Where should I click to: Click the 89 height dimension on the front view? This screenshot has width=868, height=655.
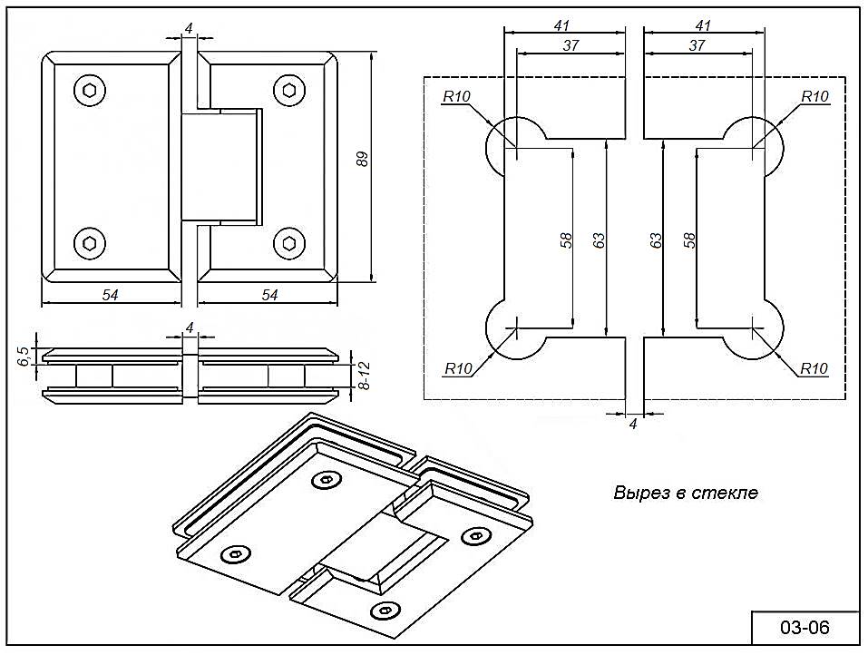point(362,160)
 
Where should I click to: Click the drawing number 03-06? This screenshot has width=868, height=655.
point(805,628)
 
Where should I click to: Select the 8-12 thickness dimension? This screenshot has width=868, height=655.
point(364,376)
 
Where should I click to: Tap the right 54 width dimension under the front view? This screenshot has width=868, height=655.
point(269,294)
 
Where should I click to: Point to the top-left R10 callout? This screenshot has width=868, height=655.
point(457,97)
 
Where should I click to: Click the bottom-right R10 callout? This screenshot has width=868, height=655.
point(814,368)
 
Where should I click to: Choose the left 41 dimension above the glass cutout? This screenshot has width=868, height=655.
point(563,24)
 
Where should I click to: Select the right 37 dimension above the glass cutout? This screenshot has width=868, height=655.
point(697,45)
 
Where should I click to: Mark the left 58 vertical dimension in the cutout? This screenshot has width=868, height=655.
point(566,240)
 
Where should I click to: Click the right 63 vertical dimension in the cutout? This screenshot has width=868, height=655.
point(656,240)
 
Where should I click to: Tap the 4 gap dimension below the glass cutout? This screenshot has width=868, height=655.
point(634,424)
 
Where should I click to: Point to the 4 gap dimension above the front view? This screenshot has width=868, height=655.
point(189,29)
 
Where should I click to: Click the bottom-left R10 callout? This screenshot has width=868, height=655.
point(458,368)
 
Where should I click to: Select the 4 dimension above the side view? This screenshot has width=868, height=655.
point(189,327)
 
